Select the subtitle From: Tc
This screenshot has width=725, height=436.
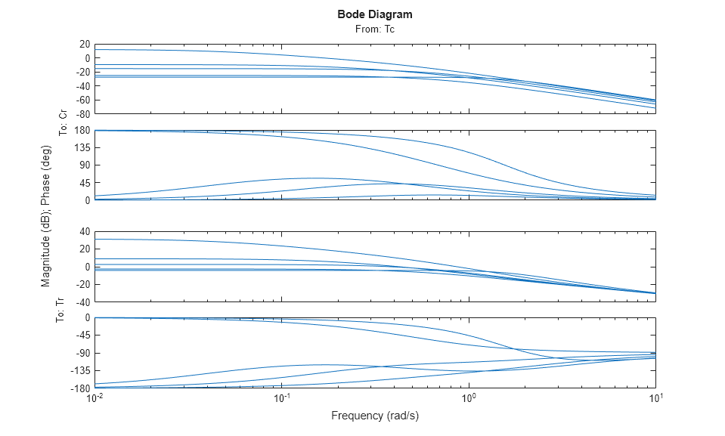(374, 29)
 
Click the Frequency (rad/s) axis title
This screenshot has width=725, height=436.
(374, 416)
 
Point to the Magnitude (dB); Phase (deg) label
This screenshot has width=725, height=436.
(46, 215)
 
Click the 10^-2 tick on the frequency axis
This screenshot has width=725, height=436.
(95, 398)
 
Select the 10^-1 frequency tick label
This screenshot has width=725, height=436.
(282, 398)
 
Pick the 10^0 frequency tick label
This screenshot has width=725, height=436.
(469, 398)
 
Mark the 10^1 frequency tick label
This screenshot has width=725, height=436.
(655, 398)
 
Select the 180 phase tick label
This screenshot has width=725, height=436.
(82, 131)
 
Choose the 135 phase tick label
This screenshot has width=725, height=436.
(82, 148)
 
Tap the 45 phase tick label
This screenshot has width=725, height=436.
(84, 183)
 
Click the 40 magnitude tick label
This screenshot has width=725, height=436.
(84, 232)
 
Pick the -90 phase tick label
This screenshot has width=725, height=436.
(82, 353)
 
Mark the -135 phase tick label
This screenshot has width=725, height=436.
(79, 371)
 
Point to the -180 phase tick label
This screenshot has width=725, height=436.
(79, 388)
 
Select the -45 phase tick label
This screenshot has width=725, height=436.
(82, 336)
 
